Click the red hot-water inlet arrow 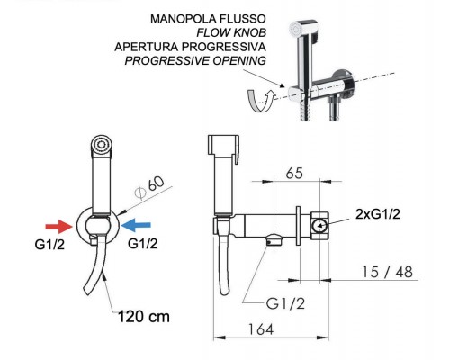[59, 227]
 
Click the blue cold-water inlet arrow [137, 225]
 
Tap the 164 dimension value [261, 329]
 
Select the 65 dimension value [294, 173]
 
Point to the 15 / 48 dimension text [387, 272]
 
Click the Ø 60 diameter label [149, 188]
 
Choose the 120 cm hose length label [144, 317]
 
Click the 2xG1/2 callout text [378, 214]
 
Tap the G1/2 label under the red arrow [49, 245]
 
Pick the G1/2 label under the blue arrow [142, 244]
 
